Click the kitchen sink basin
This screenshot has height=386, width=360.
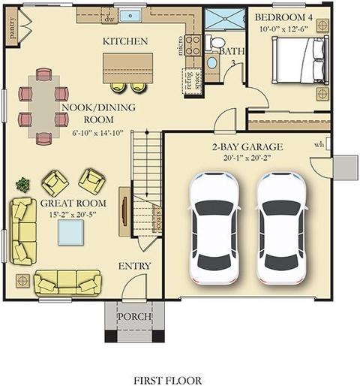coord(130,16)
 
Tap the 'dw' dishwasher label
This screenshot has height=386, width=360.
coord(109,19)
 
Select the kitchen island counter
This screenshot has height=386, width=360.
coord(127,68)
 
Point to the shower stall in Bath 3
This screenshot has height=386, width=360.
coord(224,19)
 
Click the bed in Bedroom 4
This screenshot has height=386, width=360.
coord(300,60)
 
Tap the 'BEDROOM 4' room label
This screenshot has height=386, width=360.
coord(283,17)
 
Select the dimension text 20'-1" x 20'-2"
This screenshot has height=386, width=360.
coord(247,158)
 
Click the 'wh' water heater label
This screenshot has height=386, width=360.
coord(319,144)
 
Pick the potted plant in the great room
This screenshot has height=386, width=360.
coord(23,185)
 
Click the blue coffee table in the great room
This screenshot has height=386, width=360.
coord(70,233)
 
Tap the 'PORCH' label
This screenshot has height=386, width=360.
coord(134,316)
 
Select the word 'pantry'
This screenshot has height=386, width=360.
coord(12,28)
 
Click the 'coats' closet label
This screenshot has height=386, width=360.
coord(157,219)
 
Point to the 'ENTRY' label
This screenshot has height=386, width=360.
coord(134,266)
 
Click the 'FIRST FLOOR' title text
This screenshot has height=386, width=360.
coord(168,381)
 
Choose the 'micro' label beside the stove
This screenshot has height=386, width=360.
coord(180,46)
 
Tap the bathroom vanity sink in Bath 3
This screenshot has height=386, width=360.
coord(212,62)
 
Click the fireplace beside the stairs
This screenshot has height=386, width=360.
coord(124,212)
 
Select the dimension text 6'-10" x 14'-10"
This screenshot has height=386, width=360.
coord(98,133)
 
